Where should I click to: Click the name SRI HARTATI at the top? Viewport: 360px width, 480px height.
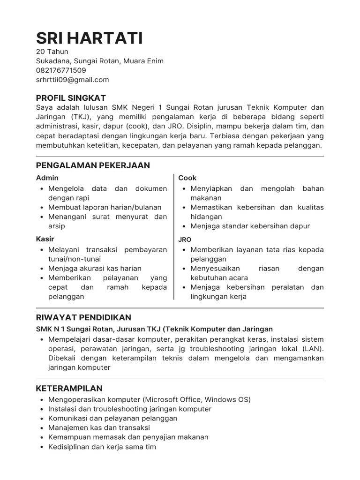[x=90, y=37]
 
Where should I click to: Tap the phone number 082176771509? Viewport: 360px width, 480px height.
[x=61, y=70]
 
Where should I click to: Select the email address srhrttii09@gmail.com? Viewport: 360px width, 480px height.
[x=72, y=80]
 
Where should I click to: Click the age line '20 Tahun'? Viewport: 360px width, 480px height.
[x=52, y=52]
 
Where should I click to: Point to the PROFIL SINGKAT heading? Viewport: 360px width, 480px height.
[x=71, y=98]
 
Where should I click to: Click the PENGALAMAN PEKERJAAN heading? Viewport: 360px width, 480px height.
[x=93, y=165]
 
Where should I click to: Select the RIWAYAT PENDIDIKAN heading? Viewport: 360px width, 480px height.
[x=83, y=317]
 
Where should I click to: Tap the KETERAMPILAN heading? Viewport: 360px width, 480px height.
[x=69, y=389]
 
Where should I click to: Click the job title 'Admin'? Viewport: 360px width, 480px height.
[x=47, y=178]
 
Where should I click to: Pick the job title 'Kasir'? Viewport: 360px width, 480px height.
[x=45, y=239]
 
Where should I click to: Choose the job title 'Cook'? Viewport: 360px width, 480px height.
[x=187, y=178]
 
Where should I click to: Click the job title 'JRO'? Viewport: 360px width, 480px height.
[x=185, y=239]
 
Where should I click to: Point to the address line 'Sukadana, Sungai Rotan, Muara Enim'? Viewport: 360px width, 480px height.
[x=100, y=61]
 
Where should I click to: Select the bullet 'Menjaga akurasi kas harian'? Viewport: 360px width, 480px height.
[x=95, y=269]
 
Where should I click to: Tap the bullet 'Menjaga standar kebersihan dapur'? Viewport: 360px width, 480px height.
[x=250, y=226]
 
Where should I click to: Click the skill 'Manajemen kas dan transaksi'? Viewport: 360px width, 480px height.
[x=99, y=427]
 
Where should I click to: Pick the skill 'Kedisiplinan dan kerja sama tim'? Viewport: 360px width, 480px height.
[x=102, y=447]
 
